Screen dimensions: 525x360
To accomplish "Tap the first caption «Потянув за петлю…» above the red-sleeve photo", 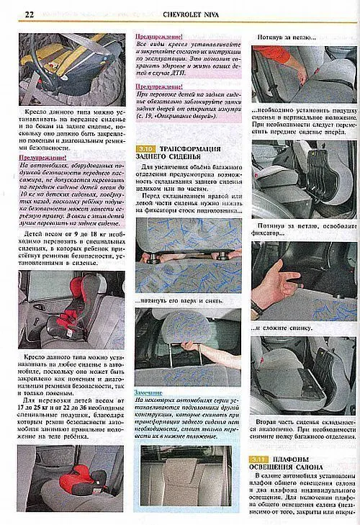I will pyautogui.click(x=288, y=35).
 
